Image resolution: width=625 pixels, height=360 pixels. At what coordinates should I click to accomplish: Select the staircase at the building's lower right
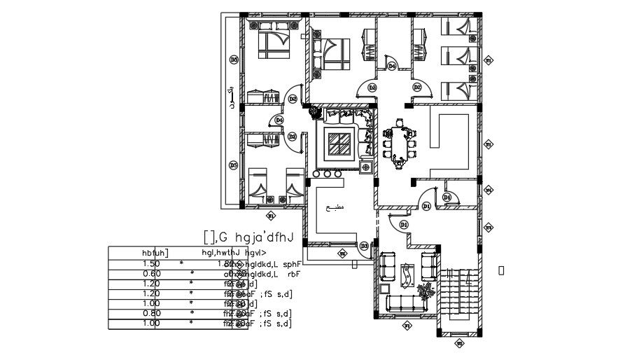458,297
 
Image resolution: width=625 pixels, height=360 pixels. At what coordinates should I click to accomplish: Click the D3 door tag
364,246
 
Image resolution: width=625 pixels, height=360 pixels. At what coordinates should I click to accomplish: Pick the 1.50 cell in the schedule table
151,263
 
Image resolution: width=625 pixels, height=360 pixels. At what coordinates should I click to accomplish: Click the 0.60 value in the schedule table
151,273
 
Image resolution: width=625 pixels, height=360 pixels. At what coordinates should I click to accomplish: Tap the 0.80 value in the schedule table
151,313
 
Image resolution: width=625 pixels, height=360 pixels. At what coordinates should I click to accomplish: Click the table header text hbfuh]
155,252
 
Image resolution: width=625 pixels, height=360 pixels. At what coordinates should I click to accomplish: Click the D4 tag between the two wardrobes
392,66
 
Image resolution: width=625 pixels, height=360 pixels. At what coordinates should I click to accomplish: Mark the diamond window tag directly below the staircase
458,343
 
